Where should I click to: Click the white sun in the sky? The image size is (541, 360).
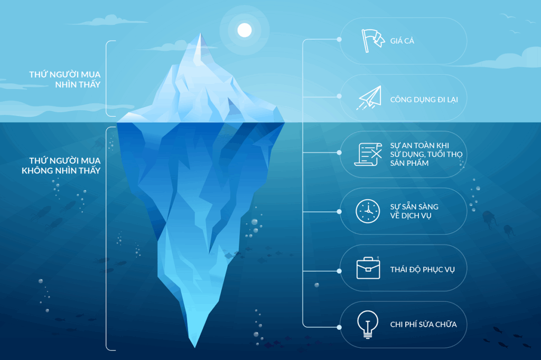click(x=245, y=30)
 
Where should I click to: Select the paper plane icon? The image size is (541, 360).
click(x=369, y=98)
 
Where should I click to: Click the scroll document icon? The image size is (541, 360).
click(x=368, y=154)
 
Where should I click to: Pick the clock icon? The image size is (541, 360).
click(x=368, y=211)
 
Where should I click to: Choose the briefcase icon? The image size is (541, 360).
click(x=368, y=268)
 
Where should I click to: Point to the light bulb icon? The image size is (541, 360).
click(x=368, y=324)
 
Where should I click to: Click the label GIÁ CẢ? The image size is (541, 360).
click(x=402, y=41)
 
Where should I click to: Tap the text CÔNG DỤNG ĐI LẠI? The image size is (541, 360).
click(x=424, y=100)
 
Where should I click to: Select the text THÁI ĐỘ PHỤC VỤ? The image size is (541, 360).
click(x=422, y=269)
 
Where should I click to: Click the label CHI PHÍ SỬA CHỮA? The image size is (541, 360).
click(x=423, y=324)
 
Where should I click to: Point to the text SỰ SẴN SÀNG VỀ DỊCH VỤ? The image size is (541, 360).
click(x=414, y=211)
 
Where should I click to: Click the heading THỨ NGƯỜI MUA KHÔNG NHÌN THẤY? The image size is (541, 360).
click(x=61, y=166)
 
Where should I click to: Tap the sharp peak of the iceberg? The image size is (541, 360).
click(x=200, y=33)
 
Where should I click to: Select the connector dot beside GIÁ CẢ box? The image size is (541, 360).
click(x=339, y=40)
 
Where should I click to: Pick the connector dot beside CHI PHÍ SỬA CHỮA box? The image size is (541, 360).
click(x=339, y=327)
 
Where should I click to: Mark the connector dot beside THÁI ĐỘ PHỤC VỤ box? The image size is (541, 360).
click(x=339, y=271)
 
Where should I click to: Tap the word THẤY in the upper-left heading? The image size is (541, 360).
click(x=89, y=84)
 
